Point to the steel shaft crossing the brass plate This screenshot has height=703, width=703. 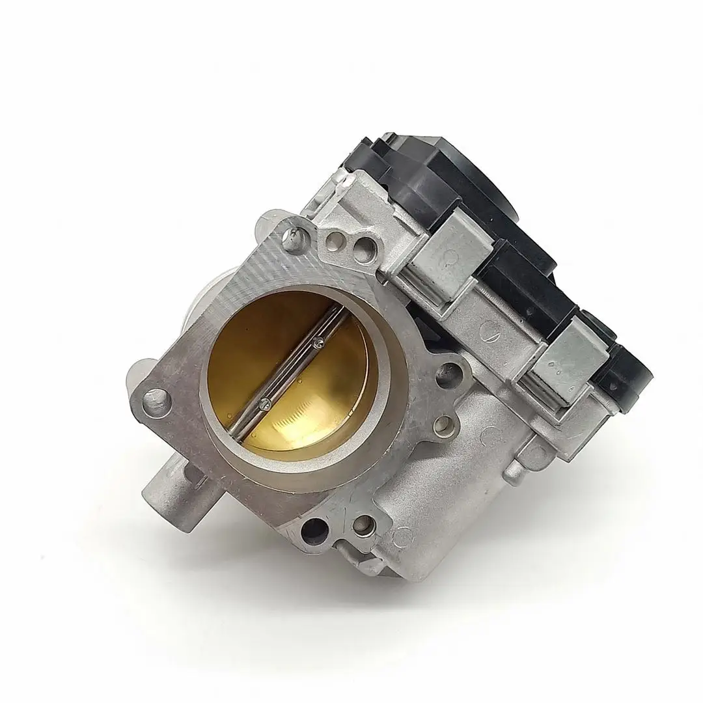(x=291, y=372)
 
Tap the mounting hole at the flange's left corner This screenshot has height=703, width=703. (x=154, y=395)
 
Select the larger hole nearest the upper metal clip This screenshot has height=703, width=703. (x=365, y=247)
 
